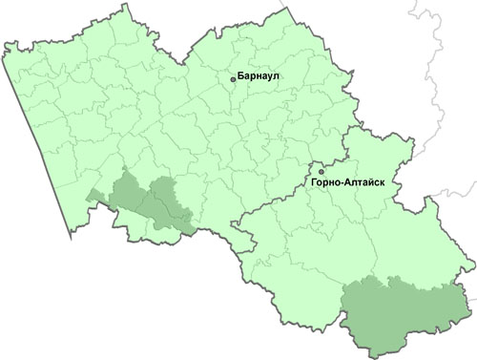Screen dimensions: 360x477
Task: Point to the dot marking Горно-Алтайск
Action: pyautogui.click(x=321, y=172)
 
